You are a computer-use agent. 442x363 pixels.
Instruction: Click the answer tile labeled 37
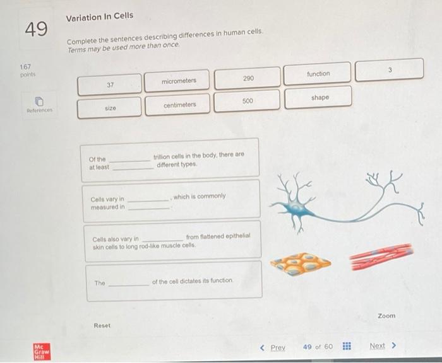tap(110, 84)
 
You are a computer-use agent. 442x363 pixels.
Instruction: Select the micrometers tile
tap(177, 81)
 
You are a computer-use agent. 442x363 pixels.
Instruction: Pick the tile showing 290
tap(248, 78)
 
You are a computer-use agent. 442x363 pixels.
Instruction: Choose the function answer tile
tap(318, 74)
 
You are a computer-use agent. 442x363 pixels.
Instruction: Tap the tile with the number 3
tap(390, 70)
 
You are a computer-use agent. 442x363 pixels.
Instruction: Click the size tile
tap(109, 108)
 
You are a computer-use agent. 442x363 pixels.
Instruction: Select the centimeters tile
tap(177, 105)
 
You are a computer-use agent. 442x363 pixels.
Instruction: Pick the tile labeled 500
tap(247, 101)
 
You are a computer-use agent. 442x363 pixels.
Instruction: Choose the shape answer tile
tap(318, 98)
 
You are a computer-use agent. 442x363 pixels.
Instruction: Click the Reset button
tap(102, 326)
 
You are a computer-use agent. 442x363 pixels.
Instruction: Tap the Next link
tap(383, 345)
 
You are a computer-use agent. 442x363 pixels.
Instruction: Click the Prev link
tap(273, 348)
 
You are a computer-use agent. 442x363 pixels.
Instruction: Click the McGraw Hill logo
tap(42, 352)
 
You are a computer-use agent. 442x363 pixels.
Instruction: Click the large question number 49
tap(36, 29)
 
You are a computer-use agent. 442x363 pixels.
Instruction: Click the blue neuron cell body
tap(296, 209)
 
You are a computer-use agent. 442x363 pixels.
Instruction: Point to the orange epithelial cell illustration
tap(301, 263)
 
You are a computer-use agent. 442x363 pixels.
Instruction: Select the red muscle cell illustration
tap(381, 256)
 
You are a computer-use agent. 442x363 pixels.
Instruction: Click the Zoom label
tap(386, 316)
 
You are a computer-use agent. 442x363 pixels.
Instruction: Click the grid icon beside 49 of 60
tap(347, 346)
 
